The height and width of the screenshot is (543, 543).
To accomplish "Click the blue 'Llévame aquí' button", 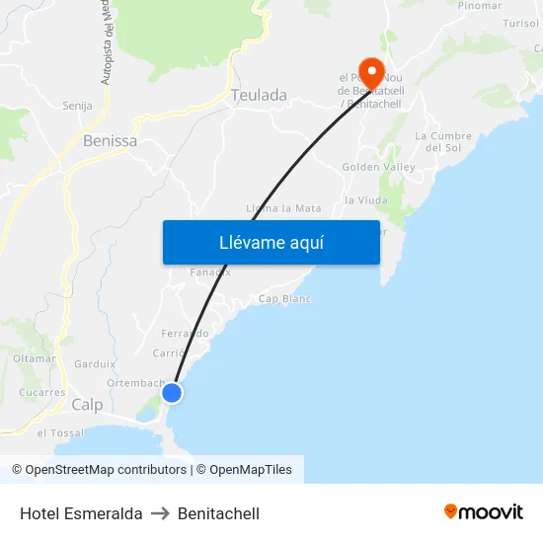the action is pos(271,242).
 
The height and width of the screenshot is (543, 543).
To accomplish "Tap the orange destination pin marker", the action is pos(371,73).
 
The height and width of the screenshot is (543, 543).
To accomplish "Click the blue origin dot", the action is pos(172,393).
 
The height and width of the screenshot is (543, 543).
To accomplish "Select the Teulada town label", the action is pos(259,96).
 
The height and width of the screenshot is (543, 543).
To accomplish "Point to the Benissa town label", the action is pos(110,141).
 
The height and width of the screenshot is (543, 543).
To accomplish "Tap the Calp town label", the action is pos(87,405).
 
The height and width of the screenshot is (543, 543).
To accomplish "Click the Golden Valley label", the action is pos(378,168).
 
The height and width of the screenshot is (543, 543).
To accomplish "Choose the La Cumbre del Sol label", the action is pos(443,141).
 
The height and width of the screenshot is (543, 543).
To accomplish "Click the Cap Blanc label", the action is pos(284,299).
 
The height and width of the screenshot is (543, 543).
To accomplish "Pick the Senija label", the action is pos(77,106).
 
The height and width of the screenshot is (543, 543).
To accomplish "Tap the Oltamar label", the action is pos(35,357).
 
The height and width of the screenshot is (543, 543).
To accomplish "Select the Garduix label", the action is pos(95,363).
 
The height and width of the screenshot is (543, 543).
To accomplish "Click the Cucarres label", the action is pos(41,392).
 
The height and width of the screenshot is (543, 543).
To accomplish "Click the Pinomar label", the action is pos(480,6).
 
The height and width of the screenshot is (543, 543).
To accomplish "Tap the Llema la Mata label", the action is pos(283,208).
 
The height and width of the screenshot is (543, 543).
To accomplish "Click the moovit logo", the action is pos(484,512).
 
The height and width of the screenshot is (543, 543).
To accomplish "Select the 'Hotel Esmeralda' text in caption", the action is pos(81,513).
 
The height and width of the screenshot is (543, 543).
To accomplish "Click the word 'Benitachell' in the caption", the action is pos(218,513).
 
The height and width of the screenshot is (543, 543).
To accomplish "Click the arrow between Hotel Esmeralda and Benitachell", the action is pos(160,513).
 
